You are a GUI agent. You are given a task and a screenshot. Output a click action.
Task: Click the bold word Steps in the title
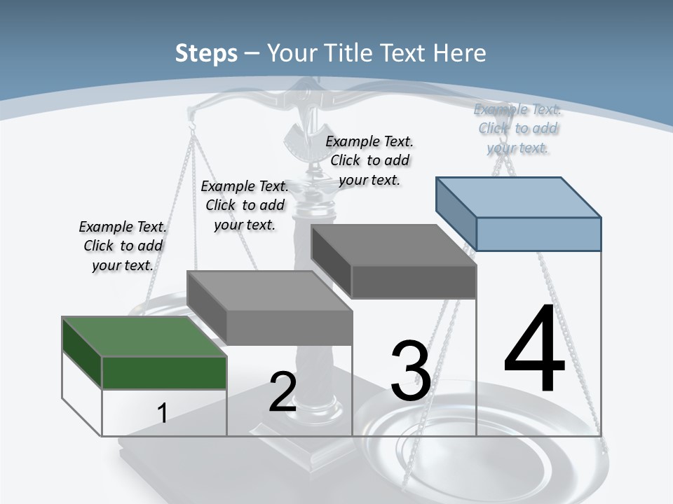pos(206,53)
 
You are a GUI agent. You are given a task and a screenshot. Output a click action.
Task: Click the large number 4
pos(534,349)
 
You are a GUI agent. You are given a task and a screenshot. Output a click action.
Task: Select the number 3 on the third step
pos(411,371)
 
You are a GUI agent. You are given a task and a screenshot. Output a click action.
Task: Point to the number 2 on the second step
pos(283,392)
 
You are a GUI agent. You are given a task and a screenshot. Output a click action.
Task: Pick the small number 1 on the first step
pos(162,413)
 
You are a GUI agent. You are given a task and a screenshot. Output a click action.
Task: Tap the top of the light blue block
pos(519,197)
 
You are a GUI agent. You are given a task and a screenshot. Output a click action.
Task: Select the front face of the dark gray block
pos(414,282)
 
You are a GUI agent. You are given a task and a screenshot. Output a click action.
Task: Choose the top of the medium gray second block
pos(270,290)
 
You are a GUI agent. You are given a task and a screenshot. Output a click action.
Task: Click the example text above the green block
pos(123,246)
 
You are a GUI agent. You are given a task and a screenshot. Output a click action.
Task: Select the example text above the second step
pos(245,205)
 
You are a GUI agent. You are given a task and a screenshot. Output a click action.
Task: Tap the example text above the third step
pos(369,160)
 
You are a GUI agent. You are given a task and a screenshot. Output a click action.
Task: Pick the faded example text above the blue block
pos(517,128)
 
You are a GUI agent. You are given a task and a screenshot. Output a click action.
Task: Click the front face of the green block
pos(165,372)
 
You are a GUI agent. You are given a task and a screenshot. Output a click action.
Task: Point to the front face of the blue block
pos(538,234)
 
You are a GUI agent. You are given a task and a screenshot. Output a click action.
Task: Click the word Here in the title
pos(460,53)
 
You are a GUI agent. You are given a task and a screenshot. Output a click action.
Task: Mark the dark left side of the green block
pos(82,352)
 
